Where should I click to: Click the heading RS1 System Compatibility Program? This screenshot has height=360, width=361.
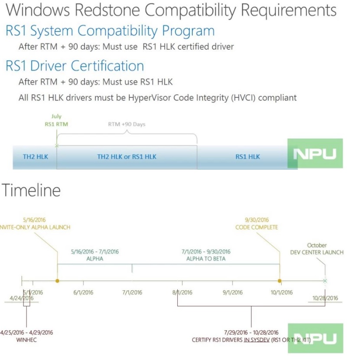click(x=110, y=31)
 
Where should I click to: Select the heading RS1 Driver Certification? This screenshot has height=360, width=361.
click(x=75, y=66)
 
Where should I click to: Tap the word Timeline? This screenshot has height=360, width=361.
click(x=31, y=191)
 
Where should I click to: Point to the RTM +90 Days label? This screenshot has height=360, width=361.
click(x=127, y=124)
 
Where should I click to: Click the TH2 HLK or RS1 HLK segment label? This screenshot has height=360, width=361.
click(x=127, y=157)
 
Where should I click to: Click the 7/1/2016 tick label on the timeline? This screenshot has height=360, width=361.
click(x=132, y=292)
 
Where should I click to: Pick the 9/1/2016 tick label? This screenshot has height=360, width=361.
click(x=233, y=292)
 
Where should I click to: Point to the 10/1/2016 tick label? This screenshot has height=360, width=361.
click(x=282, y=292)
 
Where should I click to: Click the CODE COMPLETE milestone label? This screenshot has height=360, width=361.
click(x=257, y=227)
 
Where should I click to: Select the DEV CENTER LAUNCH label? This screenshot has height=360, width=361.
click(x=317, y=252)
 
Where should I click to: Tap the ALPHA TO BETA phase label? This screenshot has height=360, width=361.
click(x=206, y=259)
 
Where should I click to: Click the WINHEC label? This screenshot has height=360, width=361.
click(x=27, y=340)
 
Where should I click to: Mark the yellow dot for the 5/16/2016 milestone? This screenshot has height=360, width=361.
click(x=57, y=281)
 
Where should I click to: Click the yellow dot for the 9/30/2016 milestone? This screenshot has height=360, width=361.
click(x=280, y=281)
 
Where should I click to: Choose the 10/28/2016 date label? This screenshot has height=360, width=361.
click(x=325, y=298)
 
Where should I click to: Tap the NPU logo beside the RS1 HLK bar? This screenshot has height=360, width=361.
click(x=315, y=153)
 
